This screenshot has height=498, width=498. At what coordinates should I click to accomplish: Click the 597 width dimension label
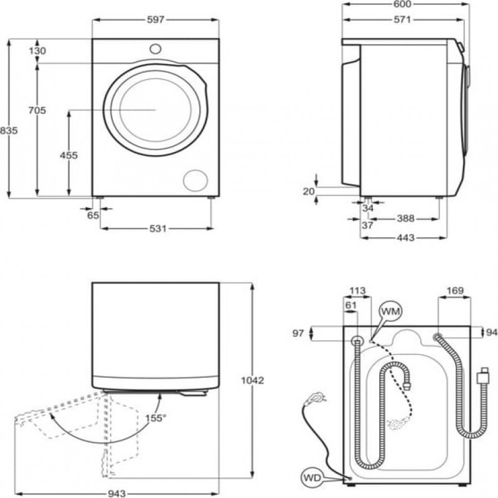pyautogui.click(x=156, y=19)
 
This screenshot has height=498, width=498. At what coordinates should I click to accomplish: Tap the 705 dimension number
pyautogui.click(x=37, y=111)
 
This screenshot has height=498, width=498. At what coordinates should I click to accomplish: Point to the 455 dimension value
pyautogui.click(x=69, y=156)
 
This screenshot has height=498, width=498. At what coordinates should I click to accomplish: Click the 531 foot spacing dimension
pyautogui.click(x=157, y=228)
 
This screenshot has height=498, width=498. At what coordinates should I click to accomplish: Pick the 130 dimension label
pyautogui.click(x=37, y=51)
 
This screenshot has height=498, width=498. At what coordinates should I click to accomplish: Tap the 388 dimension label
pyautogui.click(x=405, y=218)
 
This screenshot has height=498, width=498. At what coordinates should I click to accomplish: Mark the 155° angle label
pyautogui.click(x=156, y=418)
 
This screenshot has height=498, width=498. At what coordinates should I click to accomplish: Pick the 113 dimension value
pyautogui.click(x=358, y=290)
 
